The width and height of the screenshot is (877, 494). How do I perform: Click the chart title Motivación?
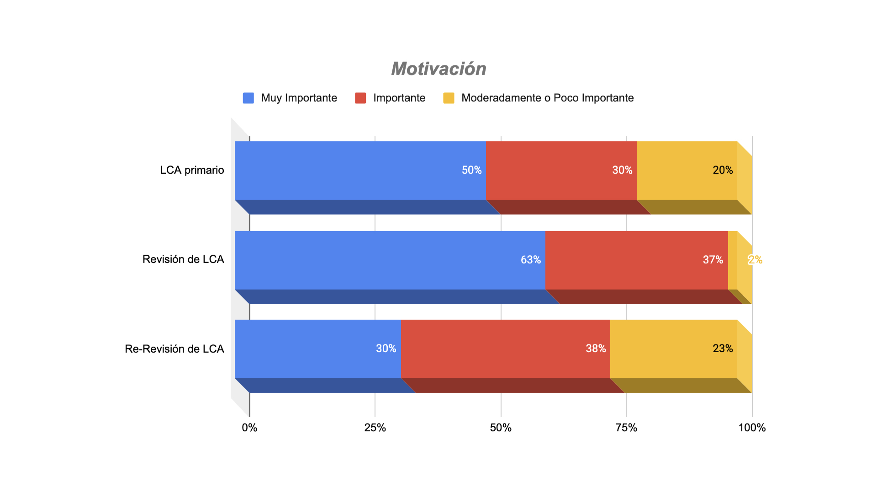[438, 69]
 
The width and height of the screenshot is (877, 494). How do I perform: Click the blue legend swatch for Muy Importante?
[248, 98]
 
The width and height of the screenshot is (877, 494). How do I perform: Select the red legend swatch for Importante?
[360, 98]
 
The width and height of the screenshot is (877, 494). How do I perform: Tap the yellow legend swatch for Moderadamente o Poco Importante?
[449, 98]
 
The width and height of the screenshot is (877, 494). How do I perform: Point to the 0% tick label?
[249, 428]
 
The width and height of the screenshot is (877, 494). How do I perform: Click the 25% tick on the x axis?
[375, 428]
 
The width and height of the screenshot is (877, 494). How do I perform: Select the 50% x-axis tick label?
[501, 428]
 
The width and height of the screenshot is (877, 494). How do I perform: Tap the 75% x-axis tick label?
[626, 428]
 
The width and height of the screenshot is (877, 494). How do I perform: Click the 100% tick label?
[752, 428]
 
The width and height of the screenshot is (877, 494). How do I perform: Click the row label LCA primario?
[192, 170]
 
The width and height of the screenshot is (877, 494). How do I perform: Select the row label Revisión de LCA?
[183, 259]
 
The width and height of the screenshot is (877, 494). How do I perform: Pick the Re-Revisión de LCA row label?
[174, 349]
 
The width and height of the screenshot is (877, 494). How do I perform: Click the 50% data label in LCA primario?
[471, 170]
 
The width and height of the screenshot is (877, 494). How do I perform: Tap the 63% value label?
[531, 260]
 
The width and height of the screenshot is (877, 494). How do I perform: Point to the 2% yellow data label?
[755, 260]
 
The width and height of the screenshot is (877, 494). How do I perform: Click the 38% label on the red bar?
[596, 349]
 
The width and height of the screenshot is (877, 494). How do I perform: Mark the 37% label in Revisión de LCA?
[713, 260]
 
